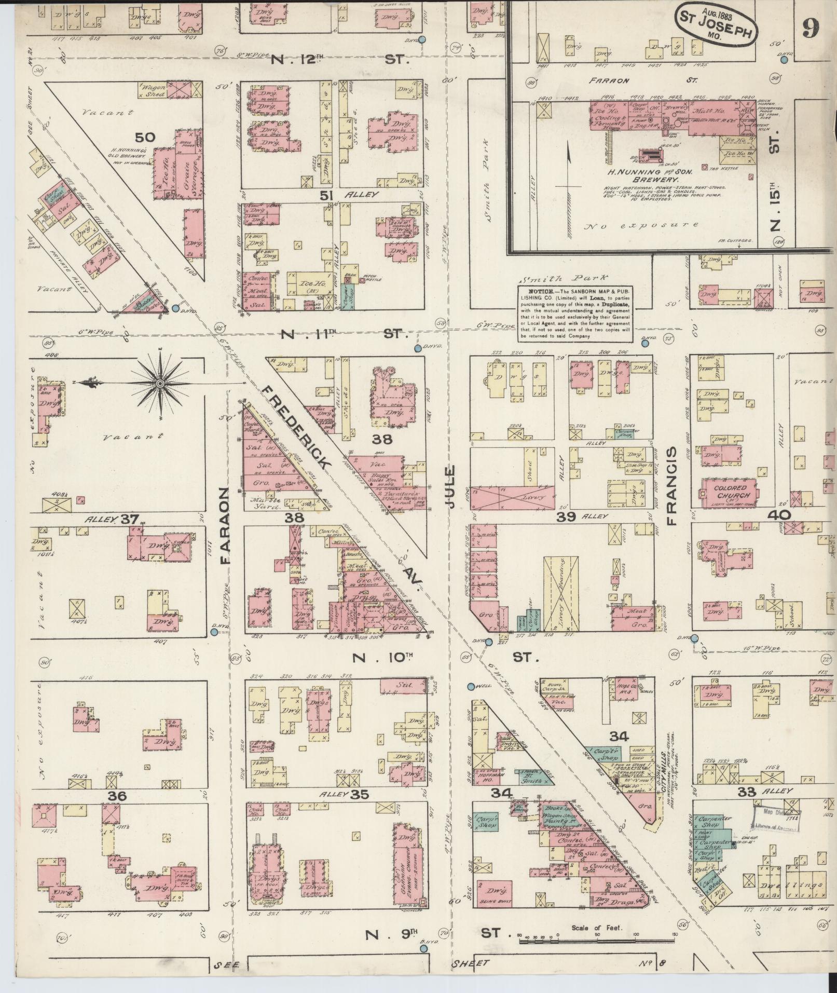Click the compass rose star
[x=160, y=383]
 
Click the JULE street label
[x=449, y=487]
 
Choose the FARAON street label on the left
[x=224, y=525]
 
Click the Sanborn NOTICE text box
[x=575, y=313]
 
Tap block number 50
[x=145, y=137]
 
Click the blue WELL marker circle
[x=471, y=686]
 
